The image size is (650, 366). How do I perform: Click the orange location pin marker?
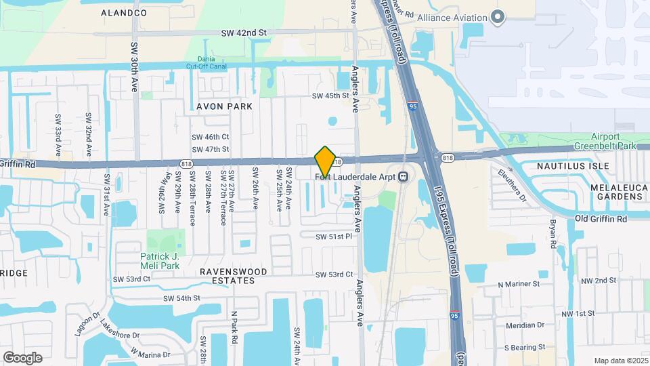[x=325, y=161]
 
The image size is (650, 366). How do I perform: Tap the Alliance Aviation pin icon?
[x=498, y=17]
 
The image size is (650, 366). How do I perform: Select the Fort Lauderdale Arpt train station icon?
[x=404, y=177]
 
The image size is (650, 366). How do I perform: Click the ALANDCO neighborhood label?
[x=124, y=13]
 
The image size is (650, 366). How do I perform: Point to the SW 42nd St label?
[x=244, y=33]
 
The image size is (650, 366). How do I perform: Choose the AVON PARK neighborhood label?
[x=224, y=106]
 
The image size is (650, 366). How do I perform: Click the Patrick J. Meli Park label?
[x=163, y=261]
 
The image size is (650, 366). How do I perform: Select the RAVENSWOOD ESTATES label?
[x=233, y=276]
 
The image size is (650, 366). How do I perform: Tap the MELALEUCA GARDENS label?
[x=615, y=192]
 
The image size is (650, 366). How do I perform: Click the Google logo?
[x=22, y=358]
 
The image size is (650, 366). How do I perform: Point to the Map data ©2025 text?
[x=620, y=361]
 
